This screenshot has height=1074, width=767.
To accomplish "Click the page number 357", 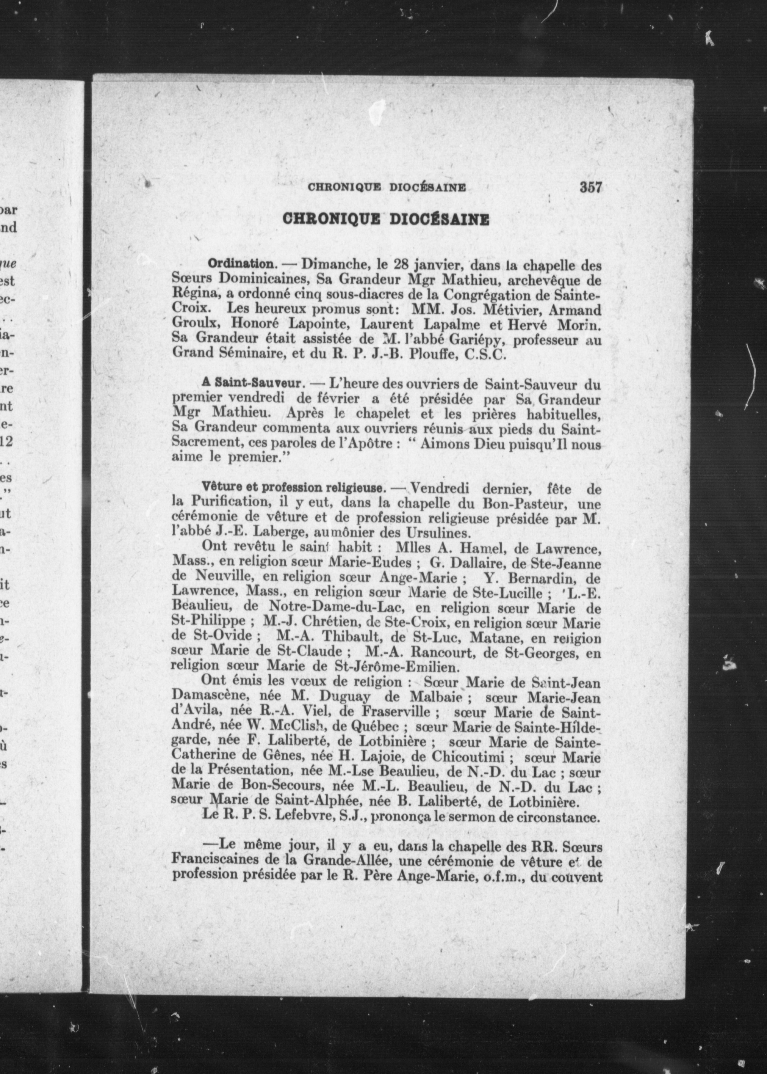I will tap(590, 188).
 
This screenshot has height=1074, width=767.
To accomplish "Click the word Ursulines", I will tap(429, 533).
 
